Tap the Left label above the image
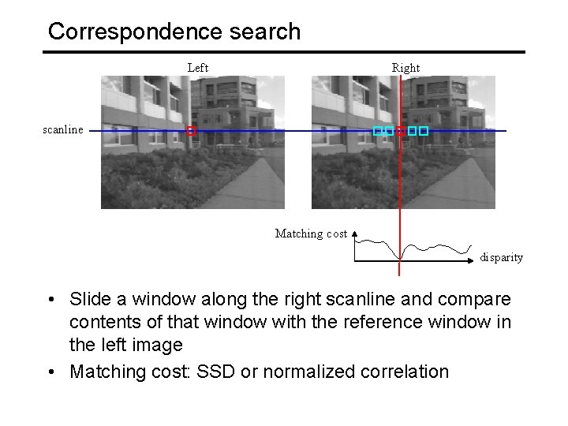(198, 68)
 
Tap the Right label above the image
(405, 68)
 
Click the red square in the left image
(190, 131)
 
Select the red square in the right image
(401, 131)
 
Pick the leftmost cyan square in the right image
(378, 131)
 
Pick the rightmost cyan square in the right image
(424, 131)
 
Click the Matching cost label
(310, 234)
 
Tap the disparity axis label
(502, 258)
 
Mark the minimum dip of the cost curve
(400, 258)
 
